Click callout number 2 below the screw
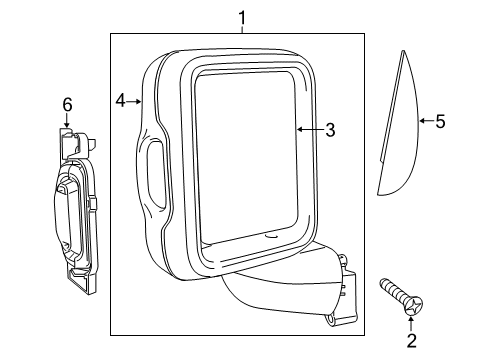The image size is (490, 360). pyautogui.click(x=410, y=343)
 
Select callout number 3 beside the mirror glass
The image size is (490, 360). pyautogui.click(x=330, y=130)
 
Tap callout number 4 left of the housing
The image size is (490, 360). pyautogui.click(x=120, y=100)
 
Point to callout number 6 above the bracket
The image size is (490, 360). pyautogui.click(x=67, y=104)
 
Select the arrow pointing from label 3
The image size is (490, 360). pyautogui.click(x=307, y=130)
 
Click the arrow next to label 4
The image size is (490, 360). pyautogui.click(x=137, y=100)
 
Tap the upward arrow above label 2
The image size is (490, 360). pyautogui.click(x=410, y=322)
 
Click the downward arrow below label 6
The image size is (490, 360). pyautogui.click(x=67, y=122)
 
